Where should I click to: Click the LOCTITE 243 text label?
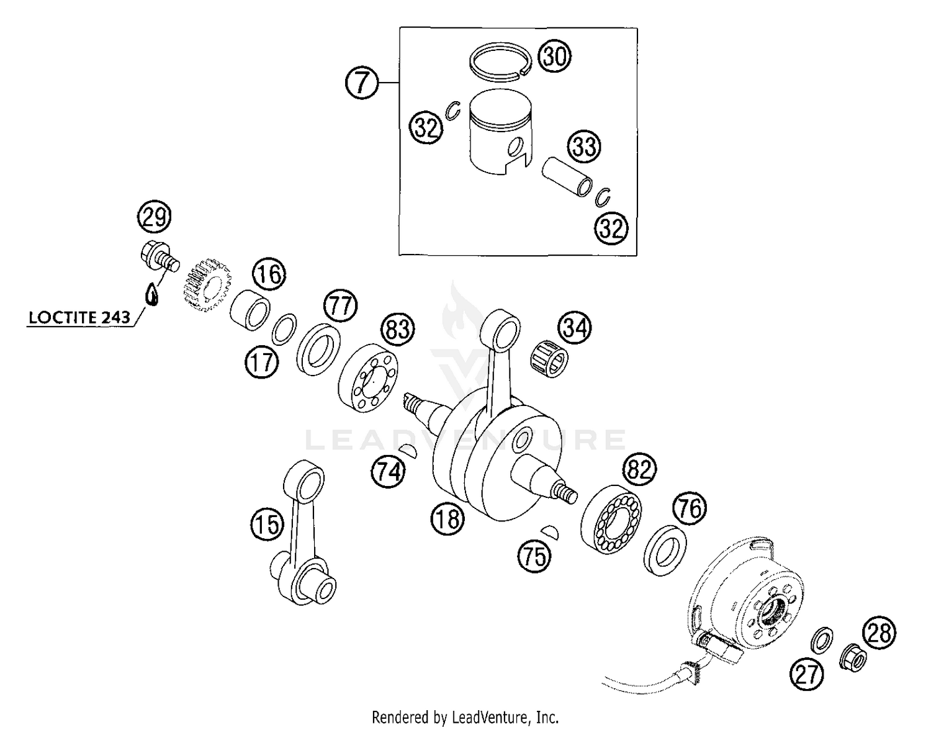[79, 318]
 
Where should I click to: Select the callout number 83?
[397, 328]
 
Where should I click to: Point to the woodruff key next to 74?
[409, 451]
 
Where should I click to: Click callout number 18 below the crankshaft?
[448, 518]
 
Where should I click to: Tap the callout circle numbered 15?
[268, 526]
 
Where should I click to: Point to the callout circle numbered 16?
[269, 274]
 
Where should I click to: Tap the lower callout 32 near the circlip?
[611, 228]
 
